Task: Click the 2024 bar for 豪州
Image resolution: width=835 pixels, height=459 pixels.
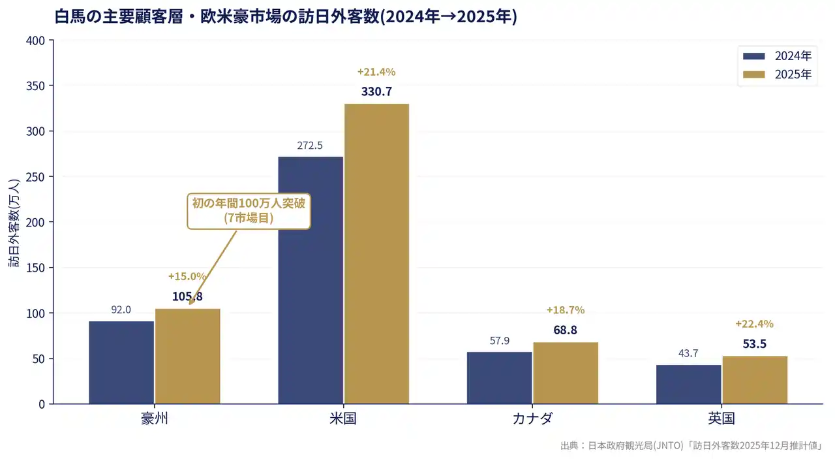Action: pyautogui.click(x=121, y=362)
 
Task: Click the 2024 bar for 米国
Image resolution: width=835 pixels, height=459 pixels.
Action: pyautogui.click(x=311, y=280)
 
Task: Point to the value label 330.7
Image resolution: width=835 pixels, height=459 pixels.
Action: pyautogui.click(x=376, y=91)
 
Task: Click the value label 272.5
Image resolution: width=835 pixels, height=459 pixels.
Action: pyautogui.click(x=310, y=146)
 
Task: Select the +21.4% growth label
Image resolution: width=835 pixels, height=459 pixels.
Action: pyautogui.click(x=376, y=72)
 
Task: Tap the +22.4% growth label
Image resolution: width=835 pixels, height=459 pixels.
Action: pyautogui.click(x=754, y=324)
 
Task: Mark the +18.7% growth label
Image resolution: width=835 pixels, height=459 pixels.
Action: pyautogui.click(x=566, y=310)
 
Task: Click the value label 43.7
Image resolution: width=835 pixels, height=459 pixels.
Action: pyautogui.click(x=688, y=353)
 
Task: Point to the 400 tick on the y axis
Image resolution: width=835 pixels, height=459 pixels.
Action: pyautogui.click(x=37, y=40)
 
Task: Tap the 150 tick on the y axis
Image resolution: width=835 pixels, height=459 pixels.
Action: pyautogui.click(x=37, y=268)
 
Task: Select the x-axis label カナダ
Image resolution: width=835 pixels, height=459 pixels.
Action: pyautogui.click(x=532, y=419)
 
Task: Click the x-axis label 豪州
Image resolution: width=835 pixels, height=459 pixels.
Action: pyautogui.click(x=155, y=419)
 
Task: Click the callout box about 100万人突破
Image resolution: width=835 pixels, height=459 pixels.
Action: pyautogui.click(x=249, y=210)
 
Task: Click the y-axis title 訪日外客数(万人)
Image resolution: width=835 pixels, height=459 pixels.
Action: pyautogui.click(x=14, y=222)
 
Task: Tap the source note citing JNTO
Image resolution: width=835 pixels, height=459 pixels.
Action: pyautogui.click(x=691, y=446)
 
